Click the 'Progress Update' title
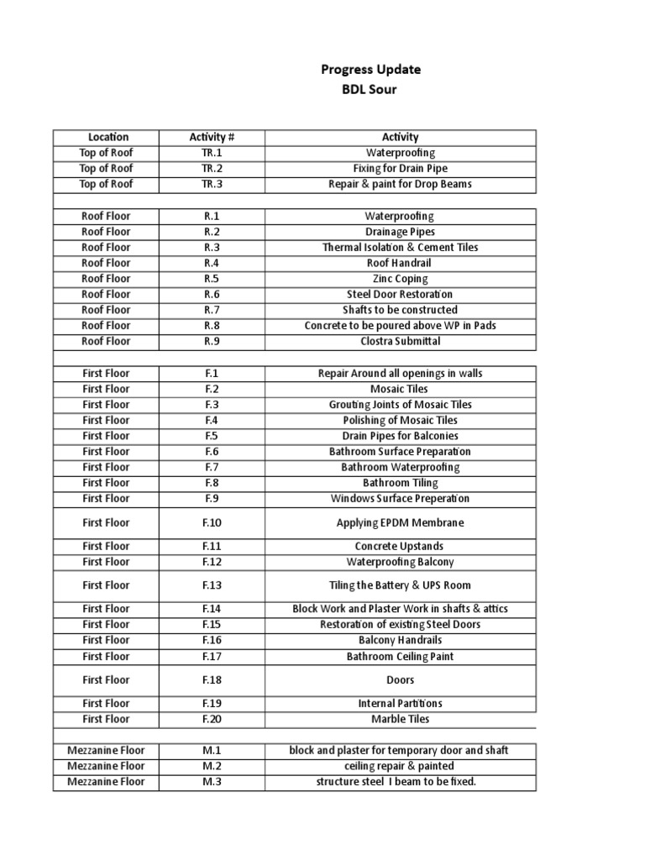(370, 70)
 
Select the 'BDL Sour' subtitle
(370, 90)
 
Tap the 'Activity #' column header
(212, 137)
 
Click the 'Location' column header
(106, 137)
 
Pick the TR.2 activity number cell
(212, 168)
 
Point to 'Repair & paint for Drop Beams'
(400, 184)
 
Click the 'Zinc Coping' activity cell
(400, 279)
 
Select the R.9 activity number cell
(212, 341)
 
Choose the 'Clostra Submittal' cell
(400, 341)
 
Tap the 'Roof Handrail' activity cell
(400, 263)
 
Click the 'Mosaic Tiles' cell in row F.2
(400, 389)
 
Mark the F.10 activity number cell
(212, 522)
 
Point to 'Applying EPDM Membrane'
(400, 522)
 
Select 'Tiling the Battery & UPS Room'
(400, 585)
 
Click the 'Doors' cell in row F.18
(400, 679)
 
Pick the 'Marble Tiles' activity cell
(400, 719)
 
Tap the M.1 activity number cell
(212, 750)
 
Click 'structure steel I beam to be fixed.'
(400, 782)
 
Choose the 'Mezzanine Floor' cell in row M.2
(106, 766)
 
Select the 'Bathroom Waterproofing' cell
(400, 467)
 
